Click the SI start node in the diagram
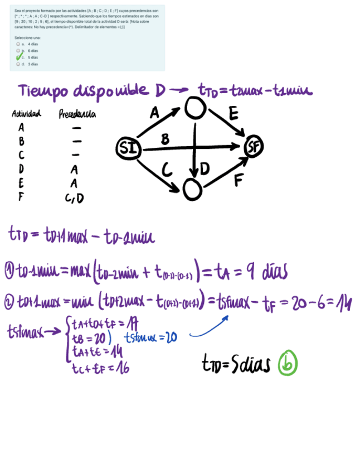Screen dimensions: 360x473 [x=126, y=148]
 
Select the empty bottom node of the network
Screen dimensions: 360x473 [x=192, y=190]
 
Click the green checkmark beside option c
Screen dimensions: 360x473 [x=19, y=57]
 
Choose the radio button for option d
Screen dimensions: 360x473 [x=18, y=64]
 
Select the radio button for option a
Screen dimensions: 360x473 [x=18, y=44]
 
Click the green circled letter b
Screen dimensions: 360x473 [x=288, y=363]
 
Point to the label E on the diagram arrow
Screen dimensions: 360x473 [x=233, y=115]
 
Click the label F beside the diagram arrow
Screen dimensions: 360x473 [x=239, y=180]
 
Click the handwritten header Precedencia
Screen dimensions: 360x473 [x=77, y=114]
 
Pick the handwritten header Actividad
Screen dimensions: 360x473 [x=26, y=114]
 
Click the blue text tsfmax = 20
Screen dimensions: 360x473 [x=150, y=337]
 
